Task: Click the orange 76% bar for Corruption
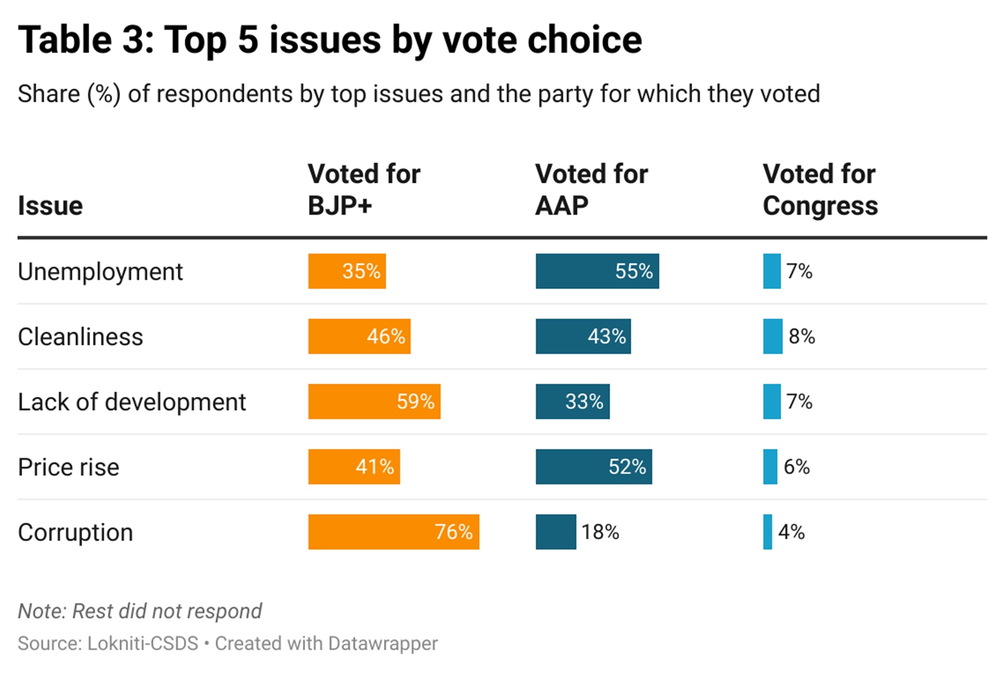393,532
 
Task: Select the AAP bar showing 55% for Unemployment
597,271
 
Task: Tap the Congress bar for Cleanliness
773,336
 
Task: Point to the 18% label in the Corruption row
600,532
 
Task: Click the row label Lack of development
132,402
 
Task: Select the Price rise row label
68,467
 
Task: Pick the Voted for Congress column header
820,190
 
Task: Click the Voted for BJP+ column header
364,190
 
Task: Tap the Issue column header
50,206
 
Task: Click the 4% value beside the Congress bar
791,532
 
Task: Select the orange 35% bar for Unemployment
347,271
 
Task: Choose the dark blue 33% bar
572,402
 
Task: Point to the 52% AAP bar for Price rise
594,467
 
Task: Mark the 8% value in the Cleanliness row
802,336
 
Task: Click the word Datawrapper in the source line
383,643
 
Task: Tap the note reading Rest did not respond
139,611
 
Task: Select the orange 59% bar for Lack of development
374,402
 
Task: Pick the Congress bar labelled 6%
770,467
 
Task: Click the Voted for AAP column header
591,190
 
